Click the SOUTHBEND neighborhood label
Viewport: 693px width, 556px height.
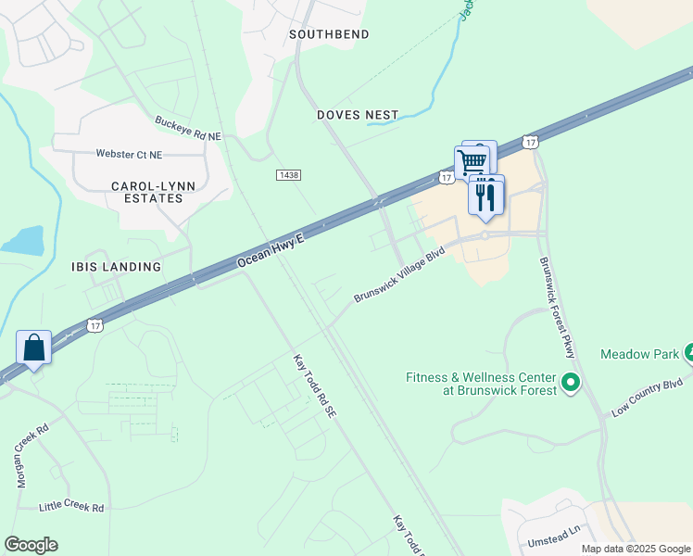329,34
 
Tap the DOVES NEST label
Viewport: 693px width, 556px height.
358,115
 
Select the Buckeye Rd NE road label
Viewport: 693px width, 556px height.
188,129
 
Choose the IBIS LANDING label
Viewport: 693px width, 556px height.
117,267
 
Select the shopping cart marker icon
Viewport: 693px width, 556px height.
472,162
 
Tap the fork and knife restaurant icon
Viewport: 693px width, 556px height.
485,196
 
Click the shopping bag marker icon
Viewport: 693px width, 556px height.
34,348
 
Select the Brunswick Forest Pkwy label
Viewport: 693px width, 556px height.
558,306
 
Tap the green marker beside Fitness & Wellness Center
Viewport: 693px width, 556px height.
571,381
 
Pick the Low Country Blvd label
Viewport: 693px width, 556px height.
646,396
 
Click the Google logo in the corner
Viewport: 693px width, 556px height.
31,545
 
